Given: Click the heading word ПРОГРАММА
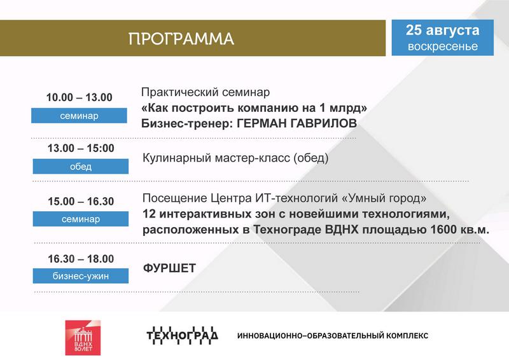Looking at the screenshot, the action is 181,39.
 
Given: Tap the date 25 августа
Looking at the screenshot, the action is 442,30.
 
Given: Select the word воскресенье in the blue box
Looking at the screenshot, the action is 442,46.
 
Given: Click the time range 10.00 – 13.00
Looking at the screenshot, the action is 79,97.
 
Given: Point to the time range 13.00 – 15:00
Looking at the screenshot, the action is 81,148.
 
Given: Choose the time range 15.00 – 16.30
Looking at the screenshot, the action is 81,201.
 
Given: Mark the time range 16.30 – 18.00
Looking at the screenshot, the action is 81,259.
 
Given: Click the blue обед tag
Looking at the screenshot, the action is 81,166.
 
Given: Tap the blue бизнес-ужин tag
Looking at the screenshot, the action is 81,276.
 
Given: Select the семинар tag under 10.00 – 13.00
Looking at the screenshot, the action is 79,116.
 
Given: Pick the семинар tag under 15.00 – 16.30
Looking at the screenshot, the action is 81,219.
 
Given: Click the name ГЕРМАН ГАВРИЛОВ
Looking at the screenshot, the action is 296,123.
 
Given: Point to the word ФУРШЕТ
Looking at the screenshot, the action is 169,268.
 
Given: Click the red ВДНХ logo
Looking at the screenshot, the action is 83,338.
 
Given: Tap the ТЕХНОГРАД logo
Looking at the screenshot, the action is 182,335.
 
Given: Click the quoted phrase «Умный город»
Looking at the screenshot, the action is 384,198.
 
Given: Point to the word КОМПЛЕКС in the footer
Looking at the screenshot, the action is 407,335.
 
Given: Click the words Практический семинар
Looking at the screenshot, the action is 206,92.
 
